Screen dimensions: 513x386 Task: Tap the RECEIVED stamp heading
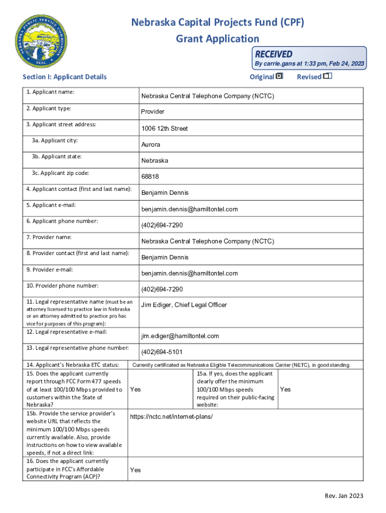274,54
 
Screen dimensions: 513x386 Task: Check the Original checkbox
279,76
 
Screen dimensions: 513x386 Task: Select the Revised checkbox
327,76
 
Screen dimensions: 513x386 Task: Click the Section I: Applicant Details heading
65,77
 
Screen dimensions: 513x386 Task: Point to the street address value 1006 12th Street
164,129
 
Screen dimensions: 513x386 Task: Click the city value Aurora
151,145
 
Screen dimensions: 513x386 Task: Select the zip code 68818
150,177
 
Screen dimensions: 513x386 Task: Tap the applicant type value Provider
153,112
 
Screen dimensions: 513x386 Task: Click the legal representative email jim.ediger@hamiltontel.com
180,336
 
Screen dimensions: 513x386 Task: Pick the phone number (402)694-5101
162,352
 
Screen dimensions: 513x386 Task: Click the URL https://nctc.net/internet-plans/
171,417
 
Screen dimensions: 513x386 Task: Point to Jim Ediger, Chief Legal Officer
184,305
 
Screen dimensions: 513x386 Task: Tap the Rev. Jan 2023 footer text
344,496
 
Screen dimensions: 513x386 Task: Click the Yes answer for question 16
135,470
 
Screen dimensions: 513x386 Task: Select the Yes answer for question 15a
285,389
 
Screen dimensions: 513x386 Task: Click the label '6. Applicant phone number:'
62,221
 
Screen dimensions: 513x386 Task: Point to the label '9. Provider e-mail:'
50,270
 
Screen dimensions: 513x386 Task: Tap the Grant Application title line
218,39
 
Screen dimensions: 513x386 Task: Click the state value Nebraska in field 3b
155,161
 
